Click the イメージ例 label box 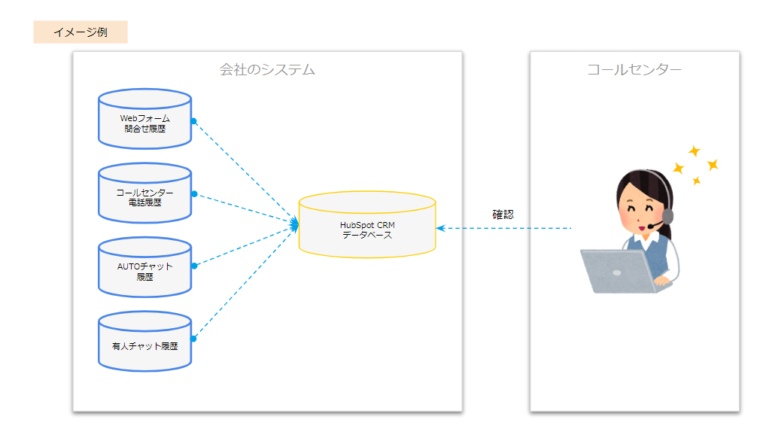(x=81, y=32)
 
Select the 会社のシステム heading (x=267, y=70)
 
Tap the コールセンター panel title (x=634, y=70)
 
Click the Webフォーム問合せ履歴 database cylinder (x=144, y=119)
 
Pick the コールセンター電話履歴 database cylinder (x=144, y=193)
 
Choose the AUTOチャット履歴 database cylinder (x=144, y=267)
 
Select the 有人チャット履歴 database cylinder (x=144, y=341)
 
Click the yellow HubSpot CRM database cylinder (x=367, y=224)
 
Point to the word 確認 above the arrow (x=503, y=214)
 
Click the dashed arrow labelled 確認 (x=503, y=228)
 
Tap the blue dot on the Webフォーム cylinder (x=194, y=121)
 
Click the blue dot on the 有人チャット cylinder (x=193, y=339)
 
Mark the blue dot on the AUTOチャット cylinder (x=194, y=266)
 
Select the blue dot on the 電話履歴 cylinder (x=194, y=194)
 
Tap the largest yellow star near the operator (x=713, y=165)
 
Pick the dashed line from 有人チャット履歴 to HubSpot (x=245, y=283)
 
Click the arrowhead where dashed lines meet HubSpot (x=294, y=224)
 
